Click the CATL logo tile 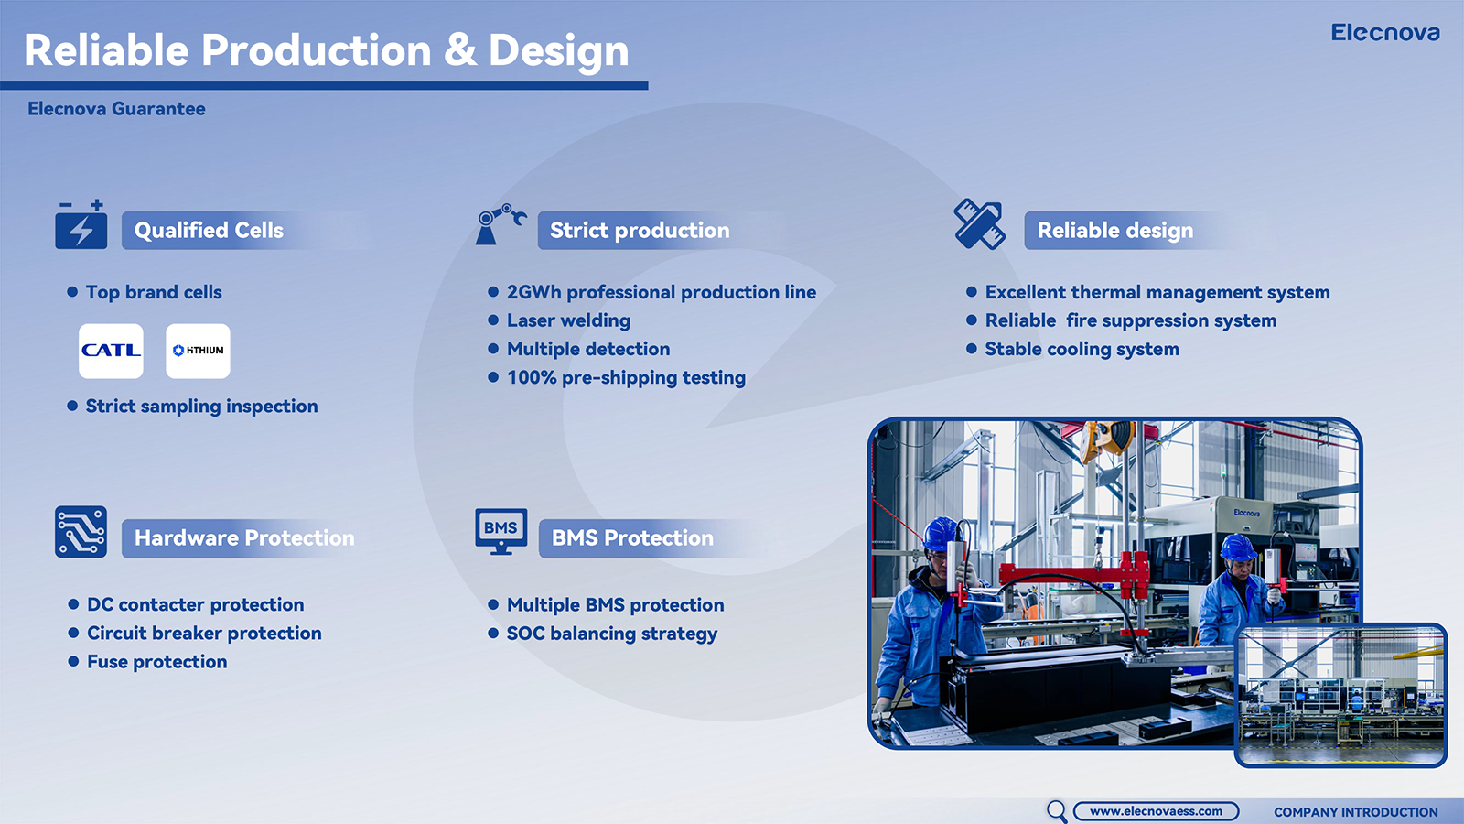111,351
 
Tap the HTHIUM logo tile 198,351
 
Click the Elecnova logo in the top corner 1385,33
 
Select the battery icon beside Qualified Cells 81,224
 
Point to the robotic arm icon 501,224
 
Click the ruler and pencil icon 979,224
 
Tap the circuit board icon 81,532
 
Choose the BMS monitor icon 501,532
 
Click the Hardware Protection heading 244,538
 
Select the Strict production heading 640,230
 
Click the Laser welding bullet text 568,320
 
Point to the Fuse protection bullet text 157,662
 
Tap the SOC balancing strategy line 612,634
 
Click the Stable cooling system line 1082,349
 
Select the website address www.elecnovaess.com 1157,811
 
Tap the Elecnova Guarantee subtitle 116,109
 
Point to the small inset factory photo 1341,695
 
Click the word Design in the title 559,51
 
